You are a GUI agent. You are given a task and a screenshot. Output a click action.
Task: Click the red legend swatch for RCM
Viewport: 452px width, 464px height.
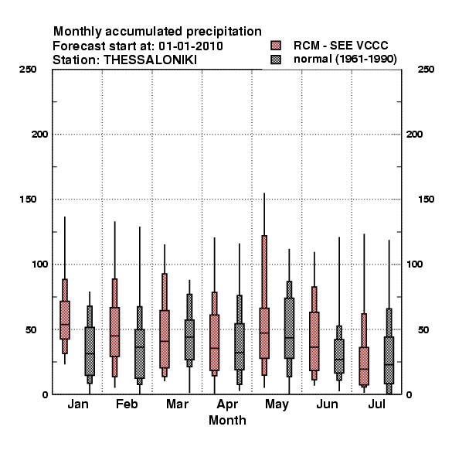click(276, 46)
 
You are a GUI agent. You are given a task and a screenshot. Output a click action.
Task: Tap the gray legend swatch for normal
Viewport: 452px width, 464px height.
click(276, 60)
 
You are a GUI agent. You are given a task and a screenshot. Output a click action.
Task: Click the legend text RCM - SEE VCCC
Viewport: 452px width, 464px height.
click(341, 46)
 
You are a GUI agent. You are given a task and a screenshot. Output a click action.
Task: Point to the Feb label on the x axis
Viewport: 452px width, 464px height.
click(127, 404)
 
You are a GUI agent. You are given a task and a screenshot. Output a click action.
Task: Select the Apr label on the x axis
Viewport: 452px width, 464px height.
click(227, 404)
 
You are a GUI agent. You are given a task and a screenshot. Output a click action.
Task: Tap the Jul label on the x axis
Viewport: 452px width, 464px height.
click(376, 404)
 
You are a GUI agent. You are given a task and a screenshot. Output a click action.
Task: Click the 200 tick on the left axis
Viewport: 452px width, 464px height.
click(39, 135)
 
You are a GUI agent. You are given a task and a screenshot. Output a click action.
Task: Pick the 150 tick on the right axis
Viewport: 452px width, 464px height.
click(426, 200)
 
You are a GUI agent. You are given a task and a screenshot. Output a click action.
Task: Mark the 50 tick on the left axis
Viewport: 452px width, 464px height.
click(31, 329)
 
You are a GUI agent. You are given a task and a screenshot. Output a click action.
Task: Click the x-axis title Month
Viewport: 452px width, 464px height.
click(227, 420)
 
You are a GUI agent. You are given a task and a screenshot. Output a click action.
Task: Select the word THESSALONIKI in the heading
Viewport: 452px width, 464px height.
click(150, 60)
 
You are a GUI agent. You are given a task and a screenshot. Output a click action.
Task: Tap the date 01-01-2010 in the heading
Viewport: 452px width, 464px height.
click(191, 46)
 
